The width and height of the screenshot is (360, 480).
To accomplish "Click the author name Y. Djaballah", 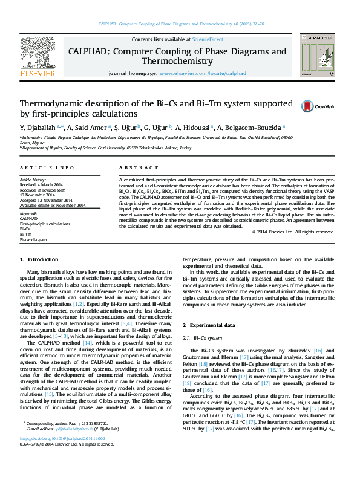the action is [x=38, y=128].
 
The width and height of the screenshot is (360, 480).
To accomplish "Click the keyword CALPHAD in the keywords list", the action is [x=29, y=219].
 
